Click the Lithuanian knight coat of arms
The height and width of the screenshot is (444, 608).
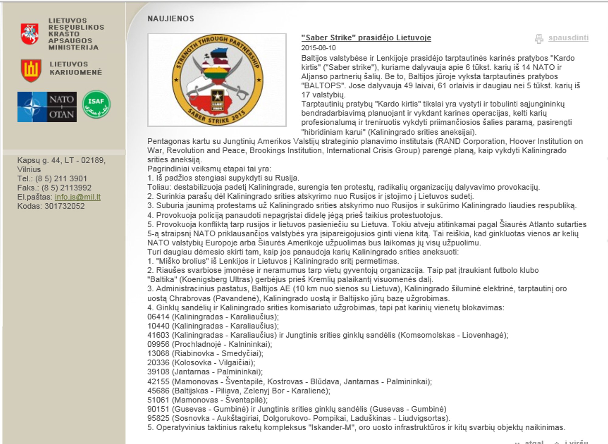pyautogui.click(x=29, y=34)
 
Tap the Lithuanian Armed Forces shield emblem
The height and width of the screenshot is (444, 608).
pyautogui.click(x=31, y=70)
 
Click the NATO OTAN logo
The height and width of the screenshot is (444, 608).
pyautogui.click(x=47, y=107)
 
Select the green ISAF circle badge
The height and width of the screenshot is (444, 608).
pyautogui.click(x=96, y=104)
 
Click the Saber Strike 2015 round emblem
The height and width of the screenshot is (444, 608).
pyautogui.click(x=217, y=80)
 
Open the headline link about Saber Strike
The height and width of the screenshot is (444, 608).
pyautogui.click(x=366, y=38)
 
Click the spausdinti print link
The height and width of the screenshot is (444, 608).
pyautogui.click(x=568, y=38)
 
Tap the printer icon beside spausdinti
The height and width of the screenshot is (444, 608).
pyautogui.click(x=539, y=39)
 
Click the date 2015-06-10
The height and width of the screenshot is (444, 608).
pyautogui.click(x=318, y=48)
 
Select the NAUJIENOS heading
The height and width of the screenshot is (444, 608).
pyautogui.click(x=171, y=19)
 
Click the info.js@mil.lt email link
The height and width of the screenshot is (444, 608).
pyautogui.click(x=78, y=197)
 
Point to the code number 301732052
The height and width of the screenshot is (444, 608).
pyautogui.click(x=64, y=206)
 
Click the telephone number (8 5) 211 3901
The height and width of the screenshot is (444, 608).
pyautogui.click(x=61, y=178)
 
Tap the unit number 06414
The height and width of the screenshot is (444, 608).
pyautogui.click(x=158, y=317)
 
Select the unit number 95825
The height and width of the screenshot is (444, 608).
pyautogui.click(x=158, y=418)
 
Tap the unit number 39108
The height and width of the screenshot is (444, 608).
pyautogui.click(x=158, y=372)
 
